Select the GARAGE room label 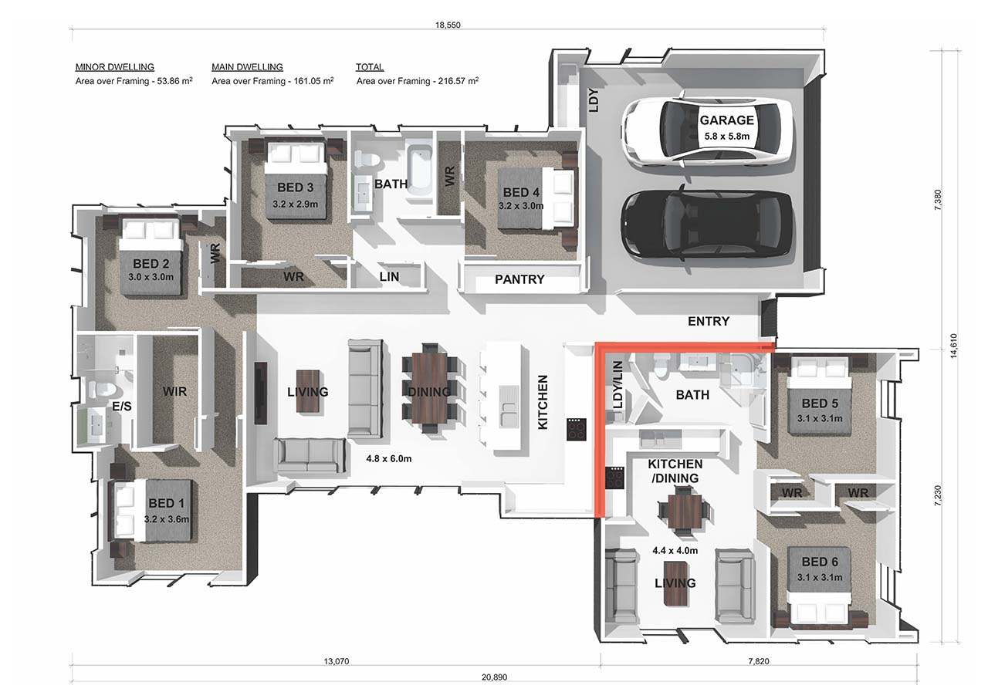coord(727,120)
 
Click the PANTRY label coord(519,279)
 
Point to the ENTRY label coord(709,321)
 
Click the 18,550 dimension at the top coord(448,25)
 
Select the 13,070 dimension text coord(336,661)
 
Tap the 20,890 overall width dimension coord(495,677)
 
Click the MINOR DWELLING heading coord(115,67)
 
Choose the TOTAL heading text coord(370,67)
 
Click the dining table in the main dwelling coord(429,388)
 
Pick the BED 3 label coord(296,187)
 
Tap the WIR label coord(174,391)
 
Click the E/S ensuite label coord(122,406)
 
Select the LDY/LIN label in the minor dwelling coord(618,385)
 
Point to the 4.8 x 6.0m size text coord(388,459)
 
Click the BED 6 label coord(820,562)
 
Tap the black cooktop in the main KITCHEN coord(577,429)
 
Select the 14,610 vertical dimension coord(954,346)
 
